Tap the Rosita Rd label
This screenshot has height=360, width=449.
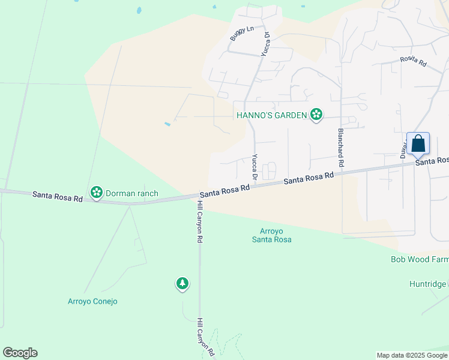click(x=413, y=62)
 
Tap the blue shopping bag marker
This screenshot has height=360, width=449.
click(x=418, y=145)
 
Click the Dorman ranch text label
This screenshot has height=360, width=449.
click(x=132, y=193)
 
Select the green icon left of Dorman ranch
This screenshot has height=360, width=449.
click(x=96, y=193)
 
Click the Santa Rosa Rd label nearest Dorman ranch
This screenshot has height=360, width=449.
click(x=57, y=195)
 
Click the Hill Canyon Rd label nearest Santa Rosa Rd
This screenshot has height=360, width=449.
click(x=199, y=221)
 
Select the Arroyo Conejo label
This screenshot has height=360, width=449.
click(x=92, y=301)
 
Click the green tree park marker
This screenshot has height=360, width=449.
click(x=182, y=283)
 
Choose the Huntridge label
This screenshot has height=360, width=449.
click(x=429, y=284)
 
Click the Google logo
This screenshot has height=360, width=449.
click(x=20, y=353)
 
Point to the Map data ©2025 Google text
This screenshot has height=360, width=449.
click(x=412, y=355)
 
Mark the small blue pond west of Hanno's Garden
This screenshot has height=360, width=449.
click(x=167, y=124)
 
